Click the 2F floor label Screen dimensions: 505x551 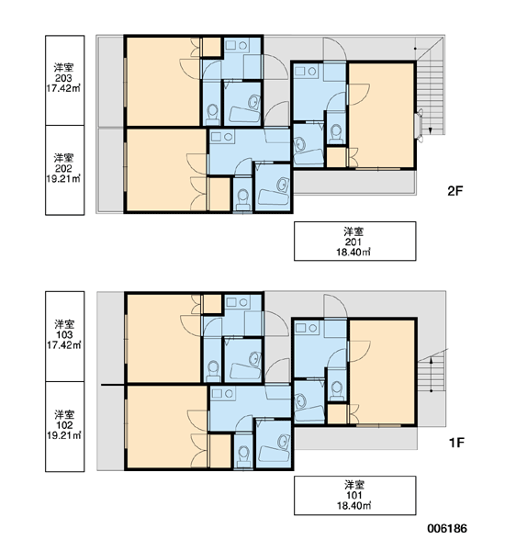pos(455,191)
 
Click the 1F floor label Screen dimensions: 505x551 pos(456,443)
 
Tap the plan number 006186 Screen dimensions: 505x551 pos(447,529)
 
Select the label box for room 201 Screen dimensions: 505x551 pos(355,241)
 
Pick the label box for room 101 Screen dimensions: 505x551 pos(355,496)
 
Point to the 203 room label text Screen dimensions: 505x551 pos(63,78)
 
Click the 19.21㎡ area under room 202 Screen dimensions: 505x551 pos(63,179)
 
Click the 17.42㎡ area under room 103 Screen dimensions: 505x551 pos(64,345)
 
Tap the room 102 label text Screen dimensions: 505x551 pos(64,425)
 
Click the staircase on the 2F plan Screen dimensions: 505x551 pos(430,95)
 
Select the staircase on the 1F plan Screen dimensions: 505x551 pos(432,376)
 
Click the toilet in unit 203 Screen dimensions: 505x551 pos(212,114)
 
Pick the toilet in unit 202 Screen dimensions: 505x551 pos(242,199)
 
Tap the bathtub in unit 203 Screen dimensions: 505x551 pos(245,115)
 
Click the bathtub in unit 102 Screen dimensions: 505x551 pos(274,454)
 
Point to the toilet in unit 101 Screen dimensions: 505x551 pos(337,390)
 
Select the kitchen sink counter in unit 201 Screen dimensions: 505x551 pos(306,72)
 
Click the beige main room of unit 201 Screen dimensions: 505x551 pos(381,116)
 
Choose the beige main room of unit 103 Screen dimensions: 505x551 pos(163,338)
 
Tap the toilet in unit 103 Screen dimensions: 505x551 pos(213,370)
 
